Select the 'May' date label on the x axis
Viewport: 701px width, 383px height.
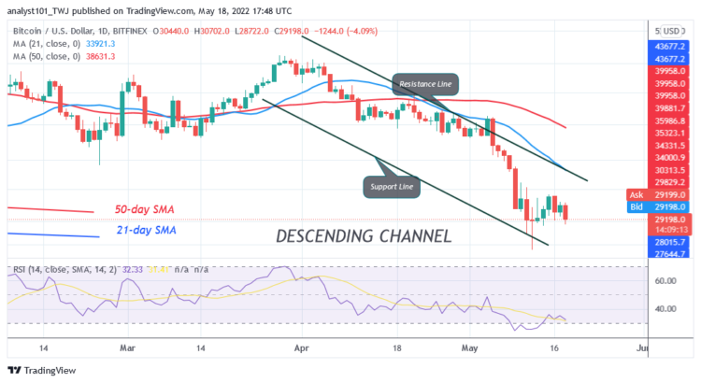[x=470, y=347]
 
